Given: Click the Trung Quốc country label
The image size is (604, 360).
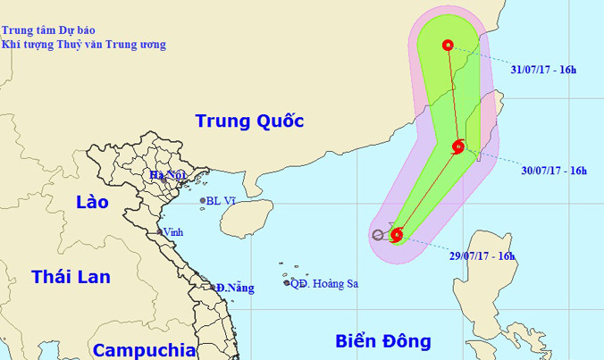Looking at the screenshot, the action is [x=249, y=121].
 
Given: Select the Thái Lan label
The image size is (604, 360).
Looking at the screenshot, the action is [x=71, y=277].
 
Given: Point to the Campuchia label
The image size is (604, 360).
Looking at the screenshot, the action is [x=144, y=349].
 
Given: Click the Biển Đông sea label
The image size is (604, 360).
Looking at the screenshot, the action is [x=383, y=340].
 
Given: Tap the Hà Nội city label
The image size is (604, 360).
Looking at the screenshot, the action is [x=167, y=175].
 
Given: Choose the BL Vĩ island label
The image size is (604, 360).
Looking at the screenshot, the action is [x=221, y=201].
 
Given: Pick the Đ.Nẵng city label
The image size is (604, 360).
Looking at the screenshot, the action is [x=235, y=288].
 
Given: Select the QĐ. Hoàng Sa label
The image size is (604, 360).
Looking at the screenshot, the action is [x=326, y=284].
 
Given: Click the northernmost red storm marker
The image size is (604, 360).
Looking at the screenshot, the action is [x=448, y=46].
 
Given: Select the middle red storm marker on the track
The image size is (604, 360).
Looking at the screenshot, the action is [x=457, y=147].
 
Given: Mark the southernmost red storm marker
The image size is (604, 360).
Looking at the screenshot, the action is [x=396, y=236].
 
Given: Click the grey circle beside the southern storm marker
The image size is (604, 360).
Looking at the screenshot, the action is [x=378, y=236].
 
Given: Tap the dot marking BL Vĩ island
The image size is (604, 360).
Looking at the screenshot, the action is [x=203, y=201].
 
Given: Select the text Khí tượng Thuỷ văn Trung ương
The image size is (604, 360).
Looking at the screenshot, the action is [x=83, y=45].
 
